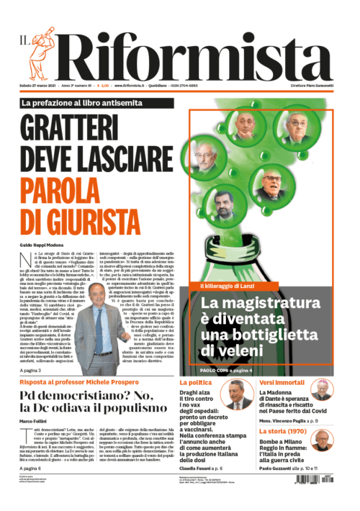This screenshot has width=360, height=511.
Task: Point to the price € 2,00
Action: point(104,86)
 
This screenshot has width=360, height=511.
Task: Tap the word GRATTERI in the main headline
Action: point(91,129)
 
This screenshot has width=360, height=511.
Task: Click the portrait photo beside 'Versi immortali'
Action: point(322,389)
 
